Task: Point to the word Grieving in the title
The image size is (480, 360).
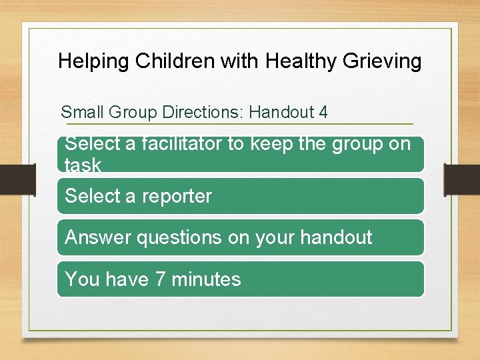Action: click(x=383, y=61)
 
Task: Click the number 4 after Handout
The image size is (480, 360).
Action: click(x=323, y=112)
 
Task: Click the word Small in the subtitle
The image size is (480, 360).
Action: click(x=81, y=112)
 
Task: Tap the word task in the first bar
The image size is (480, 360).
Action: click(x=83, y=165)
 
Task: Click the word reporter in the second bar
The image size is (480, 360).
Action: click(x=176, y=196)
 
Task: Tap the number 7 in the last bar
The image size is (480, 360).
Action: click(x=160, y=279)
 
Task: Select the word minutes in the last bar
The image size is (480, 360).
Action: click(x=206, y=279)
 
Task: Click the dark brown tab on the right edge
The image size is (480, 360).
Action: click(x=463, y=181)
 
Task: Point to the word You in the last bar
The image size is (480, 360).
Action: click(x=82, y=279)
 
